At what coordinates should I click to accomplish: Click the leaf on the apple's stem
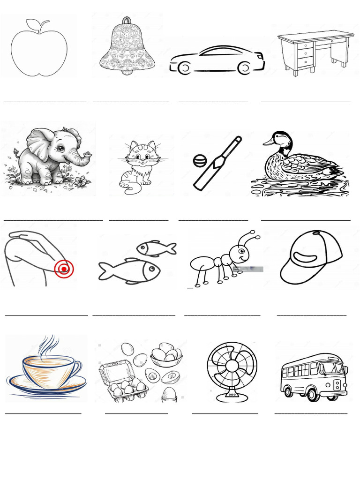pos(33,24)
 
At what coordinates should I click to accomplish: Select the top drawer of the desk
pos(305,45)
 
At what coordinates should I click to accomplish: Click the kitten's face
pos(142,156)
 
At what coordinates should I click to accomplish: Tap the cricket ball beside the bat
pos(200,161)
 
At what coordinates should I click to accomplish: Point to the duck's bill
pos(268,141)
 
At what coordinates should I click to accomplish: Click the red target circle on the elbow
pos(63,269)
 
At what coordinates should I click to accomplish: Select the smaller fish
pos(156,248)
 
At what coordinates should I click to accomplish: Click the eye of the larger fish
pos(151,269)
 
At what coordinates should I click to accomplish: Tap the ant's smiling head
pos(241,256)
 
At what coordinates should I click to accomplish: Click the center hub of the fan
pos(232,366)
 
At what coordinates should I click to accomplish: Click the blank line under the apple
pos(45,101)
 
